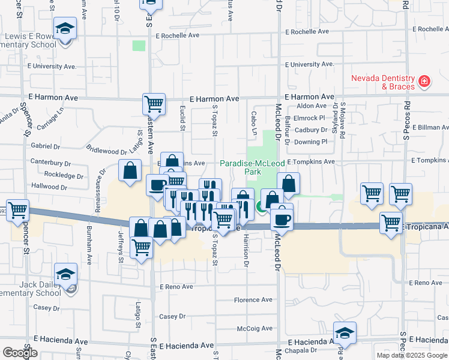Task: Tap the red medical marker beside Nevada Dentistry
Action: pyautogui.click(x=424, y=81)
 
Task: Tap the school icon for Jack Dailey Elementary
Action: pyautogui.click(x=65, y=274)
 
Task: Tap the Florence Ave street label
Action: pyautogui.click(x=253, y=300)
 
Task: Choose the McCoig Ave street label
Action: pyautogui.click(x=255, y=328)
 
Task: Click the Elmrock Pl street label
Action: pyautogui.click(x=313, y=118)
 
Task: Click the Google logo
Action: pyautogui.click(x=19, y=352)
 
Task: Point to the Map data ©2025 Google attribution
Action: pyautogui.click(x=412, y=355)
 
